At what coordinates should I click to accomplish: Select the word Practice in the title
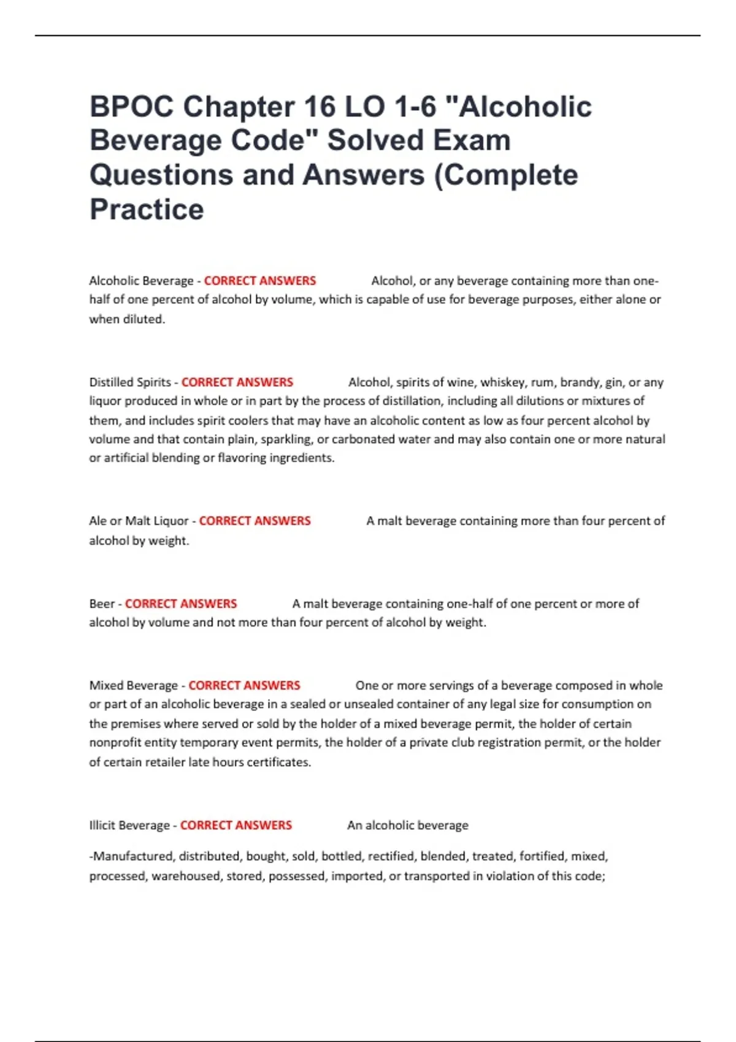147,210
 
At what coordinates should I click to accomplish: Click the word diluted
145,319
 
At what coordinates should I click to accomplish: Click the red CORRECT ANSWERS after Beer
181,604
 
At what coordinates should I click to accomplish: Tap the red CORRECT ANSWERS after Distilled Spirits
237,382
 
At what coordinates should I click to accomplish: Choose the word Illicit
102,826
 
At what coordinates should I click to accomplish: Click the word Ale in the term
98,521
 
